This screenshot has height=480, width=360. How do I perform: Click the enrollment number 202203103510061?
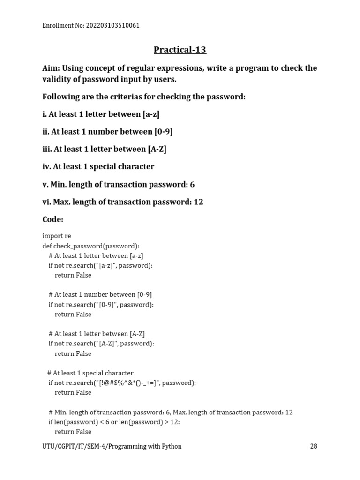112,25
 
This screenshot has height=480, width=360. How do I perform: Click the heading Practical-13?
180,50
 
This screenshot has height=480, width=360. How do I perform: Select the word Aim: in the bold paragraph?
51,68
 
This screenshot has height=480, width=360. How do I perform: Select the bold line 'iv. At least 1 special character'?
98,166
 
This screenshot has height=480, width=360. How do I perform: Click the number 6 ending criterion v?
192,184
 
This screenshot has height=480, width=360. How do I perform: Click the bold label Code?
53,219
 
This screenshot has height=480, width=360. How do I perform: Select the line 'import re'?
57,236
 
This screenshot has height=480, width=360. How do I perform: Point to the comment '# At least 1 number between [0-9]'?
100,294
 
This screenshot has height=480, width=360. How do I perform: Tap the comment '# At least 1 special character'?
90,373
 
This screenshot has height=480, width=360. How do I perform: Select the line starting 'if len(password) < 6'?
114,422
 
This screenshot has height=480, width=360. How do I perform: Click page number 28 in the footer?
314,446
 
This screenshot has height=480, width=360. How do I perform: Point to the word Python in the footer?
172,446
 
